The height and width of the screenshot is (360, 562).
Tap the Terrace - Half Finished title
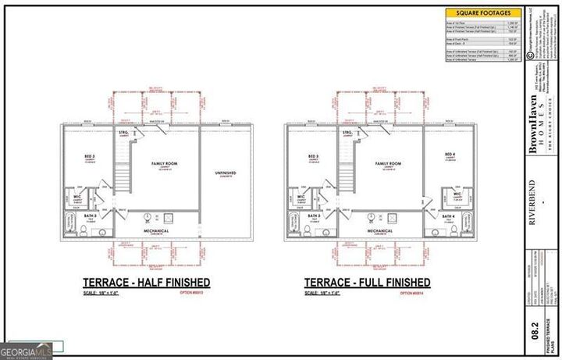(146, 282)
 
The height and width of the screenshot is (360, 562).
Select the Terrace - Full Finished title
(367, 282)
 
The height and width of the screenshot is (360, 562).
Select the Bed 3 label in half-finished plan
(90, 157)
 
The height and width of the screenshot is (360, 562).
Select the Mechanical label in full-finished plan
(381, 231)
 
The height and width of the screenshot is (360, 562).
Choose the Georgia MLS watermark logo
(25, 348)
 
